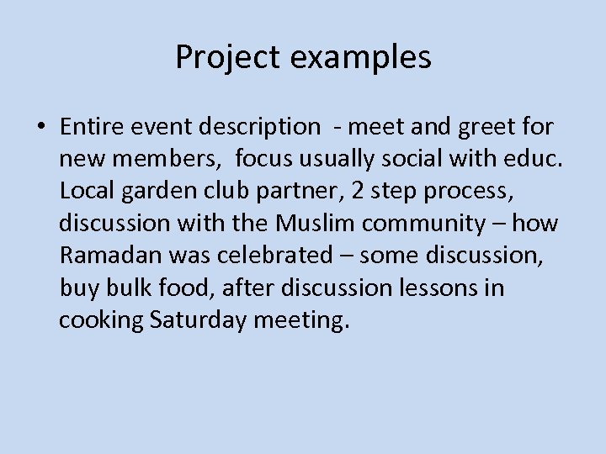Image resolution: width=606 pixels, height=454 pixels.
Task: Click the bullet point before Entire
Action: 41,128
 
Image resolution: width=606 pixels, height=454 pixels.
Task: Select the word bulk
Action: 125,288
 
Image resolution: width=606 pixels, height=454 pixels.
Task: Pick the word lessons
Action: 439,288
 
